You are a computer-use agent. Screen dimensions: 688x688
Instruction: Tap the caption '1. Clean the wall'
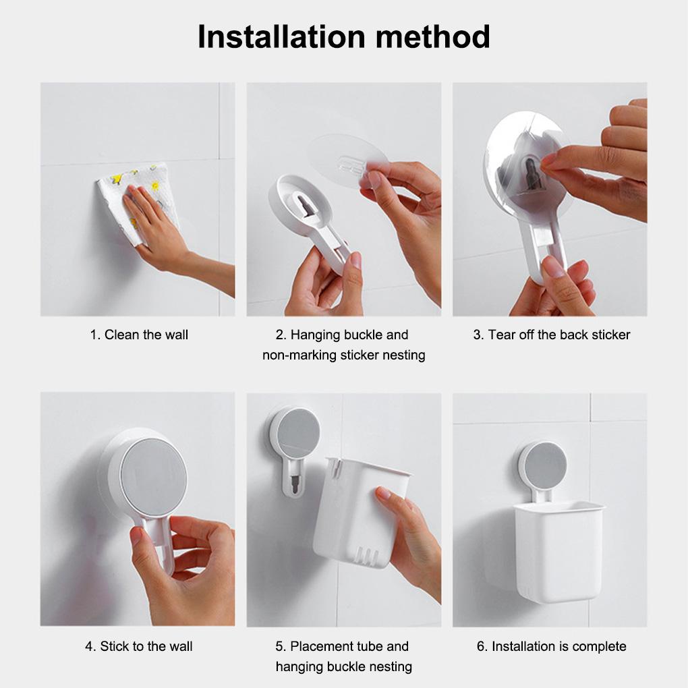[139, 335]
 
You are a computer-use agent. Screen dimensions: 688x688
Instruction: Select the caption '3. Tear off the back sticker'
[551, 335]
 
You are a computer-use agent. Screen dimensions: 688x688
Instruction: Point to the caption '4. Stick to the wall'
[138, 646]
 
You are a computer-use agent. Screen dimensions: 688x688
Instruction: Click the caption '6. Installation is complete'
[551, 646]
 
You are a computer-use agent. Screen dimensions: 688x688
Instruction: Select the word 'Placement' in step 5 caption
[322, 646]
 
